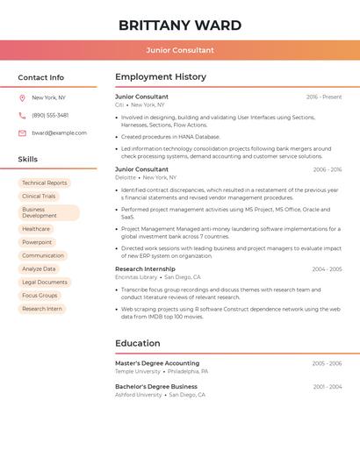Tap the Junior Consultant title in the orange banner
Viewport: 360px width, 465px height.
click(180, 50)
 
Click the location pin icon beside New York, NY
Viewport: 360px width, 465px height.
click(22, 97)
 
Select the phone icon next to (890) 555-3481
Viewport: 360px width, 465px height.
click(22, 115)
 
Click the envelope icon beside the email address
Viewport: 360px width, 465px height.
click(22, 133)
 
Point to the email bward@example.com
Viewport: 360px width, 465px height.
click(59, 133)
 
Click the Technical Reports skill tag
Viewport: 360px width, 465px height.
click(45, 183)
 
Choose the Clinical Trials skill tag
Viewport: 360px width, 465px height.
click(39, 197)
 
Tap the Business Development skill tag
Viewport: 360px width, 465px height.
click(48, 212)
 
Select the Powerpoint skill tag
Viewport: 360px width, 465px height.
click(37, 242)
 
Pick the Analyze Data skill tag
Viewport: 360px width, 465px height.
click(39, 269)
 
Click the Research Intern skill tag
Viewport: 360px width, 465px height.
click(42, 309)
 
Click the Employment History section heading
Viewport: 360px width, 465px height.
click(161, 77)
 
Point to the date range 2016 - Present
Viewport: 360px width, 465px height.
click(324, 97)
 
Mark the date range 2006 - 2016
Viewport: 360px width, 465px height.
click(327, 170)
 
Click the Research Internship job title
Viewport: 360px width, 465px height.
click(145, 269)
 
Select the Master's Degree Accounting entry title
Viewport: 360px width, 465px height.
click(157, 363)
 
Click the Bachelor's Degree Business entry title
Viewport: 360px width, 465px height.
click(156, 387)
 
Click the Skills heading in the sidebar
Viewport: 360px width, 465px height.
click(28, 160)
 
